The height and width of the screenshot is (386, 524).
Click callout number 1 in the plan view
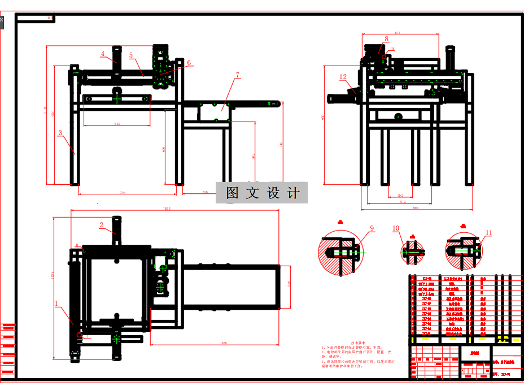pyautogui.click(x=57, y=303)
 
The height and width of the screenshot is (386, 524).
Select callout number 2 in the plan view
pyautogui.click(x=102, y=225)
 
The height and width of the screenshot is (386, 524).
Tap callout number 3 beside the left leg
pyautogui.click(x=59, y=133)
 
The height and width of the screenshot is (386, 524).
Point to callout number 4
pyautogui.click(x=103, y=54)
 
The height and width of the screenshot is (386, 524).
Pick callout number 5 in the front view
pyautogui.click(x=130, y=56)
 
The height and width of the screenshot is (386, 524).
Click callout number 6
pyautogui.click(x=189, y=63)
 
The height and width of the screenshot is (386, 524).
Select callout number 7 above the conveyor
pyautogui.click(x=238, y=75)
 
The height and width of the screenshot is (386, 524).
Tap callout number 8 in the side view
pyautogui.click(x=386, y=40)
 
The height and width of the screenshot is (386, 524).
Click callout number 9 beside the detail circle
pyautogui.click(x=372, y=228)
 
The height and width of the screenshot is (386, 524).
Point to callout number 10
pyautogui.click(x=396, y=229)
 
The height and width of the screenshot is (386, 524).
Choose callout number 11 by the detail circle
pyautogui.click(x=489, y=232)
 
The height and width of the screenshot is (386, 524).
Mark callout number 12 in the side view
pyautogui.click(x=343, y=77)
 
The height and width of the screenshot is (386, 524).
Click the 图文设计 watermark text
pyautogui.click(x=262, y=193)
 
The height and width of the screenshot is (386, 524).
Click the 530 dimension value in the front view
pyautogui.click(x=117, y=123)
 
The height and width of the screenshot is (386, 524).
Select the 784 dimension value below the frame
pyautogui.click(x=123, y=193)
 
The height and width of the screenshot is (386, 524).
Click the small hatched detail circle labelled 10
pyautogui.click(x=413, y=252)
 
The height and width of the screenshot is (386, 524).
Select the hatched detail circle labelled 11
pyautogui.click(x=462, y=251)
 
